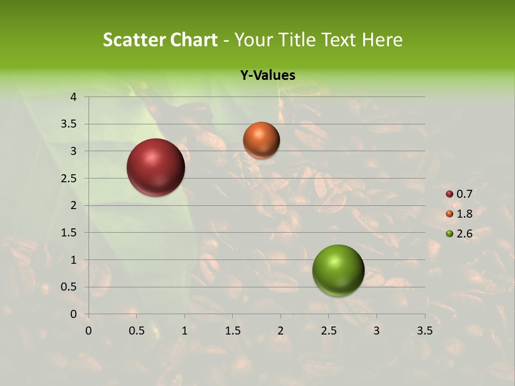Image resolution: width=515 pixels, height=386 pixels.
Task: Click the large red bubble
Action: (x=156, y=167)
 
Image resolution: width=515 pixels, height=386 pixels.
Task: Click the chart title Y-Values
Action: (x=267, y=76)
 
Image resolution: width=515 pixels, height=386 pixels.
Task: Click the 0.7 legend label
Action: (x=464, y=194)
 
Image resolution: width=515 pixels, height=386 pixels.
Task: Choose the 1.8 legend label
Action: (x=464, y=214)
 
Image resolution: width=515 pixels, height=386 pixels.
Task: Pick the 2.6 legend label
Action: (x=464, y=233)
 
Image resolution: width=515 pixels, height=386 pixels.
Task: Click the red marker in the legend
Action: (x=450, y=194)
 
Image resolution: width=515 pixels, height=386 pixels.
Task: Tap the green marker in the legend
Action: (x=450, y=233)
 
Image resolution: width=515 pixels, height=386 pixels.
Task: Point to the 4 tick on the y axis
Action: (x=73, y=97)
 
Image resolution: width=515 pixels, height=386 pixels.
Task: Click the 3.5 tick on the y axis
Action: (x=69, y=124)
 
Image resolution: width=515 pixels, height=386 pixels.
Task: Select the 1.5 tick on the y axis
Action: (x=69, y=233)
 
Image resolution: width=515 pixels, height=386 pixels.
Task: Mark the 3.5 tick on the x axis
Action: (x=424, y=331)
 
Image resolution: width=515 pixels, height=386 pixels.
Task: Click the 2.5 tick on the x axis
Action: (x=328, y=331)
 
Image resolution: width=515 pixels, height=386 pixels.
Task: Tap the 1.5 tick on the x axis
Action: (x=232, y=331)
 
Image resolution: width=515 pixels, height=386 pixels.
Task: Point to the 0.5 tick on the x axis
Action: (x=136, y=331)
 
